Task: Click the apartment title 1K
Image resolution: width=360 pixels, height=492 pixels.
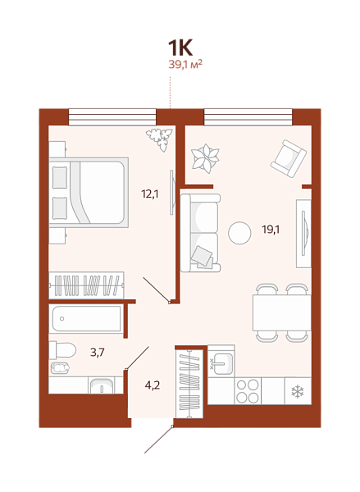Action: [180, 48]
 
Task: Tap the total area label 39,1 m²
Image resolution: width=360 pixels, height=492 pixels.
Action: [185, 64]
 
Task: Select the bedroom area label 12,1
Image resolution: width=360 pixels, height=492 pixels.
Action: [150, 194]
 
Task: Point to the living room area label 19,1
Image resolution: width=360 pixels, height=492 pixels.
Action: [271, 230]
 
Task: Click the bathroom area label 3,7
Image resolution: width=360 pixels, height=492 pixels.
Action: [98, 353]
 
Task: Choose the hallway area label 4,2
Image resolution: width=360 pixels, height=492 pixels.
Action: [153, 385]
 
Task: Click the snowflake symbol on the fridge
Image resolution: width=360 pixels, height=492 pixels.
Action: [298, 392]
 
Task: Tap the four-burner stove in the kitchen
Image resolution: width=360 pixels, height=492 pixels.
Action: [248, 391]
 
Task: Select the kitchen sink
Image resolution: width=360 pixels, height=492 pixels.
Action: [221, 363]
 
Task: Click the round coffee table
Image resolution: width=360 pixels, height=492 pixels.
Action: [239, 233]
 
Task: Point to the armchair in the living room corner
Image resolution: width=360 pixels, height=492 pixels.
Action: [289, 158]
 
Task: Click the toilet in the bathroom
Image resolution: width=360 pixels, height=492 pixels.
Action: [63, 350]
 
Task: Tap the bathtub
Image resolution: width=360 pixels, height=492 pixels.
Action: [86, 319]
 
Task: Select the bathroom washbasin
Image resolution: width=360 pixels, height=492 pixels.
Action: [101, 386]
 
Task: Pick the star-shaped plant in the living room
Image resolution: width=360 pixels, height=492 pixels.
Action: [206, 158]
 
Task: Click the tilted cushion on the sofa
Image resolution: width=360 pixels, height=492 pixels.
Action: [201, 255]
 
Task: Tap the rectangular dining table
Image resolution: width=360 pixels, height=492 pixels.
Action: [282, 313]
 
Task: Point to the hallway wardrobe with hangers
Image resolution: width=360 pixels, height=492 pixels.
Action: [189, 384]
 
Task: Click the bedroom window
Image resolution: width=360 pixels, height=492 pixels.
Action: [112, 117]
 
